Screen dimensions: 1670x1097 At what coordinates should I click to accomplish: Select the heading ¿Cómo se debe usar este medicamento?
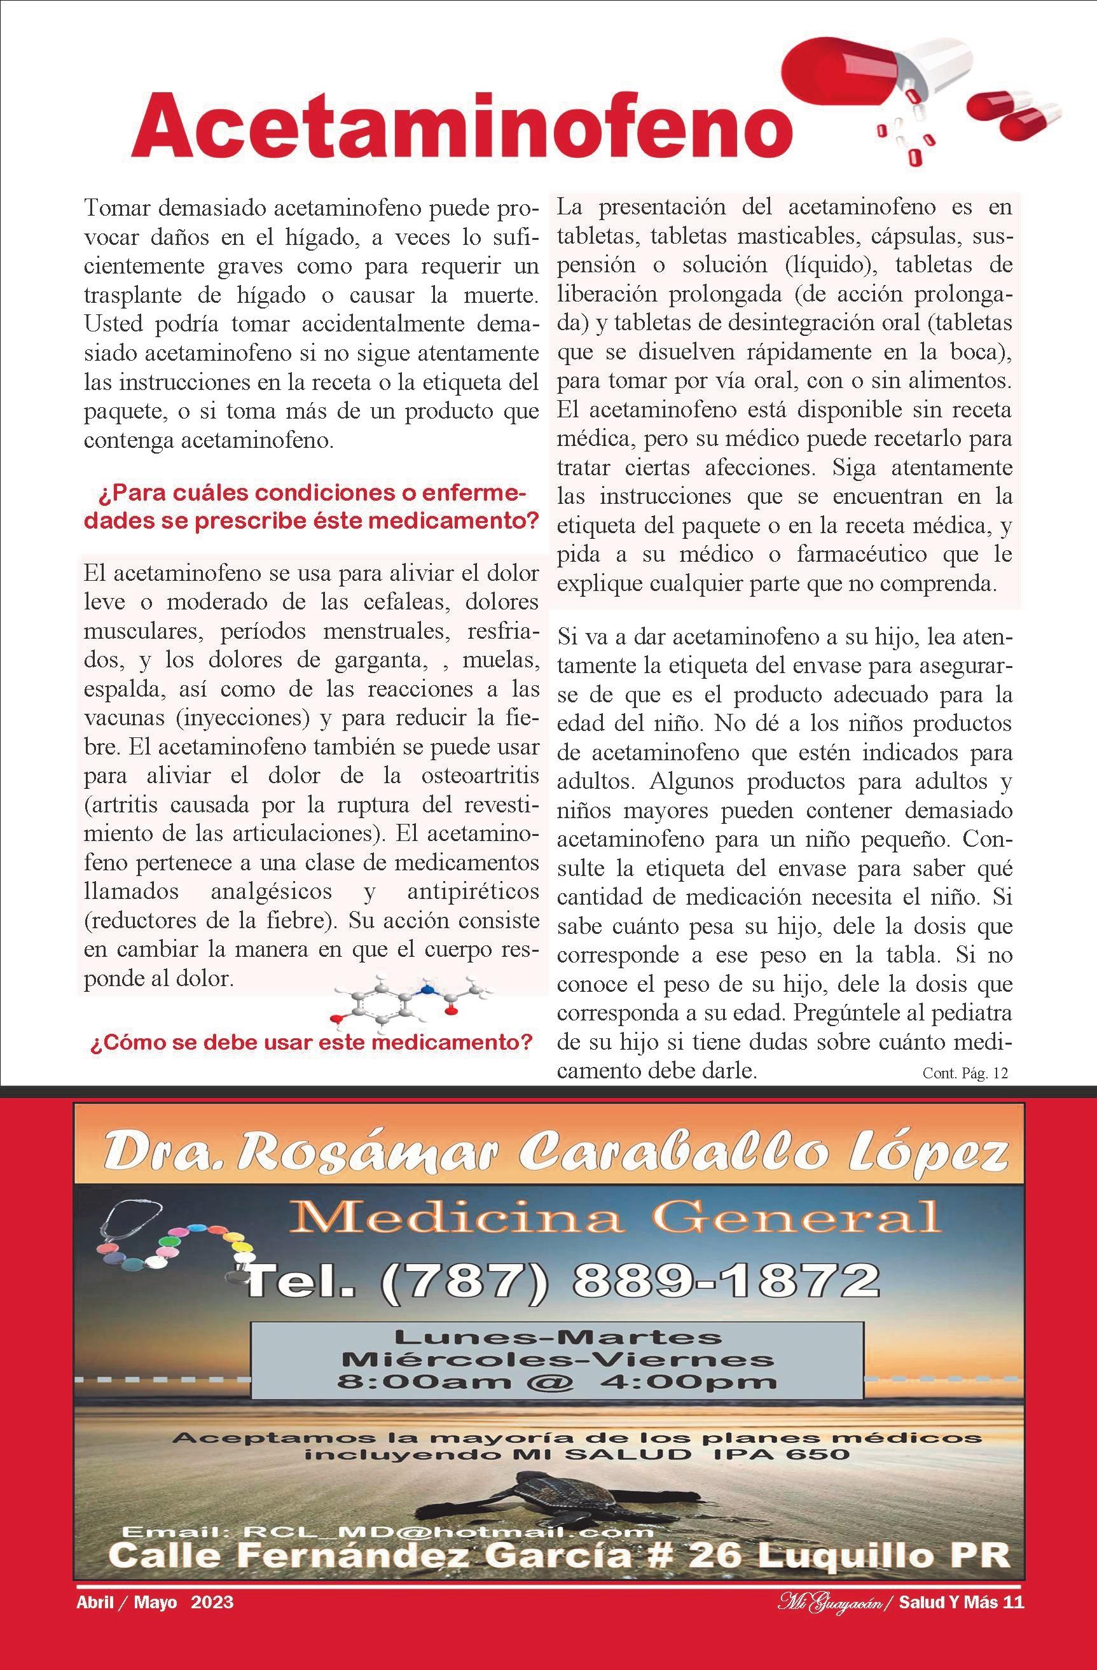[312, 1041]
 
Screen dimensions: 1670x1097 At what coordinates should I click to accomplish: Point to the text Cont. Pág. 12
[965, 1073]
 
